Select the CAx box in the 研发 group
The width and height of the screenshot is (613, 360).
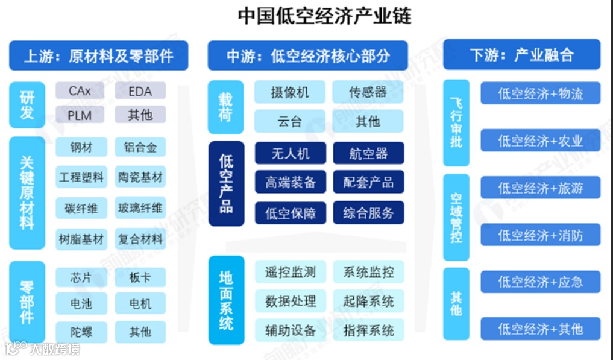click(80, 92)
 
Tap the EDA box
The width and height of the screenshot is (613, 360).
click(140, 92)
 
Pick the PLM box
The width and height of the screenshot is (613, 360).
click(80, 115)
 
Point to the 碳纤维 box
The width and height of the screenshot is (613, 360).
click(81, 209)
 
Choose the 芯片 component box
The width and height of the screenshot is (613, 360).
click(81, 277)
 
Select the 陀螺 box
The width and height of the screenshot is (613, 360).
click(81, 331)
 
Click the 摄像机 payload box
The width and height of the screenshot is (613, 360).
click(289, 92)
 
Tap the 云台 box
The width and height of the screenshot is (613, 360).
click(289, 121)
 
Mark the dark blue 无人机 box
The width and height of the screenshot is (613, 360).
click(290, 153)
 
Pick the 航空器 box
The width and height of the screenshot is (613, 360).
click(368, 153)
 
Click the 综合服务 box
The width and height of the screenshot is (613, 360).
click(368, 213)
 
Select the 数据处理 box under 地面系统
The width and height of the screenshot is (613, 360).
click(290, 301)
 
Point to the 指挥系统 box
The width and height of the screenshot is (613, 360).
click(368, 330)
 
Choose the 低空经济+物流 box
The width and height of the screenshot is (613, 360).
click(540, 93)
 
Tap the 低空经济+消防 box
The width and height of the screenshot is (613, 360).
click(540, 235)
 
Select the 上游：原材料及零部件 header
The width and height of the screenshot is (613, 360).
click(98, 56)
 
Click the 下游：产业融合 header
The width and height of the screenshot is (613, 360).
click(521, 55)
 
